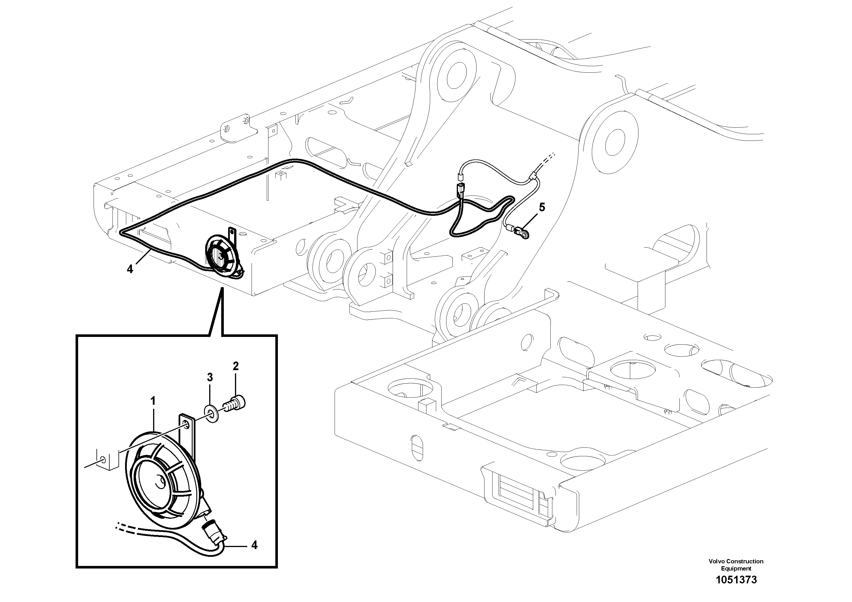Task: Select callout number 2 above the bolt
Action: tap(235, 366)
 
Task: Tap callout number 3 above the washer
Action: tap(210, 378)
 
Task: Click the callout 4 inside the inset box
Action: tap(254, 545)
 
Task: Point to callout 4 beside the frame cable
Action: tap(130, 269)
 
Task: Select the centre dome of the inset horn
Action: tap(161, 483)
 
